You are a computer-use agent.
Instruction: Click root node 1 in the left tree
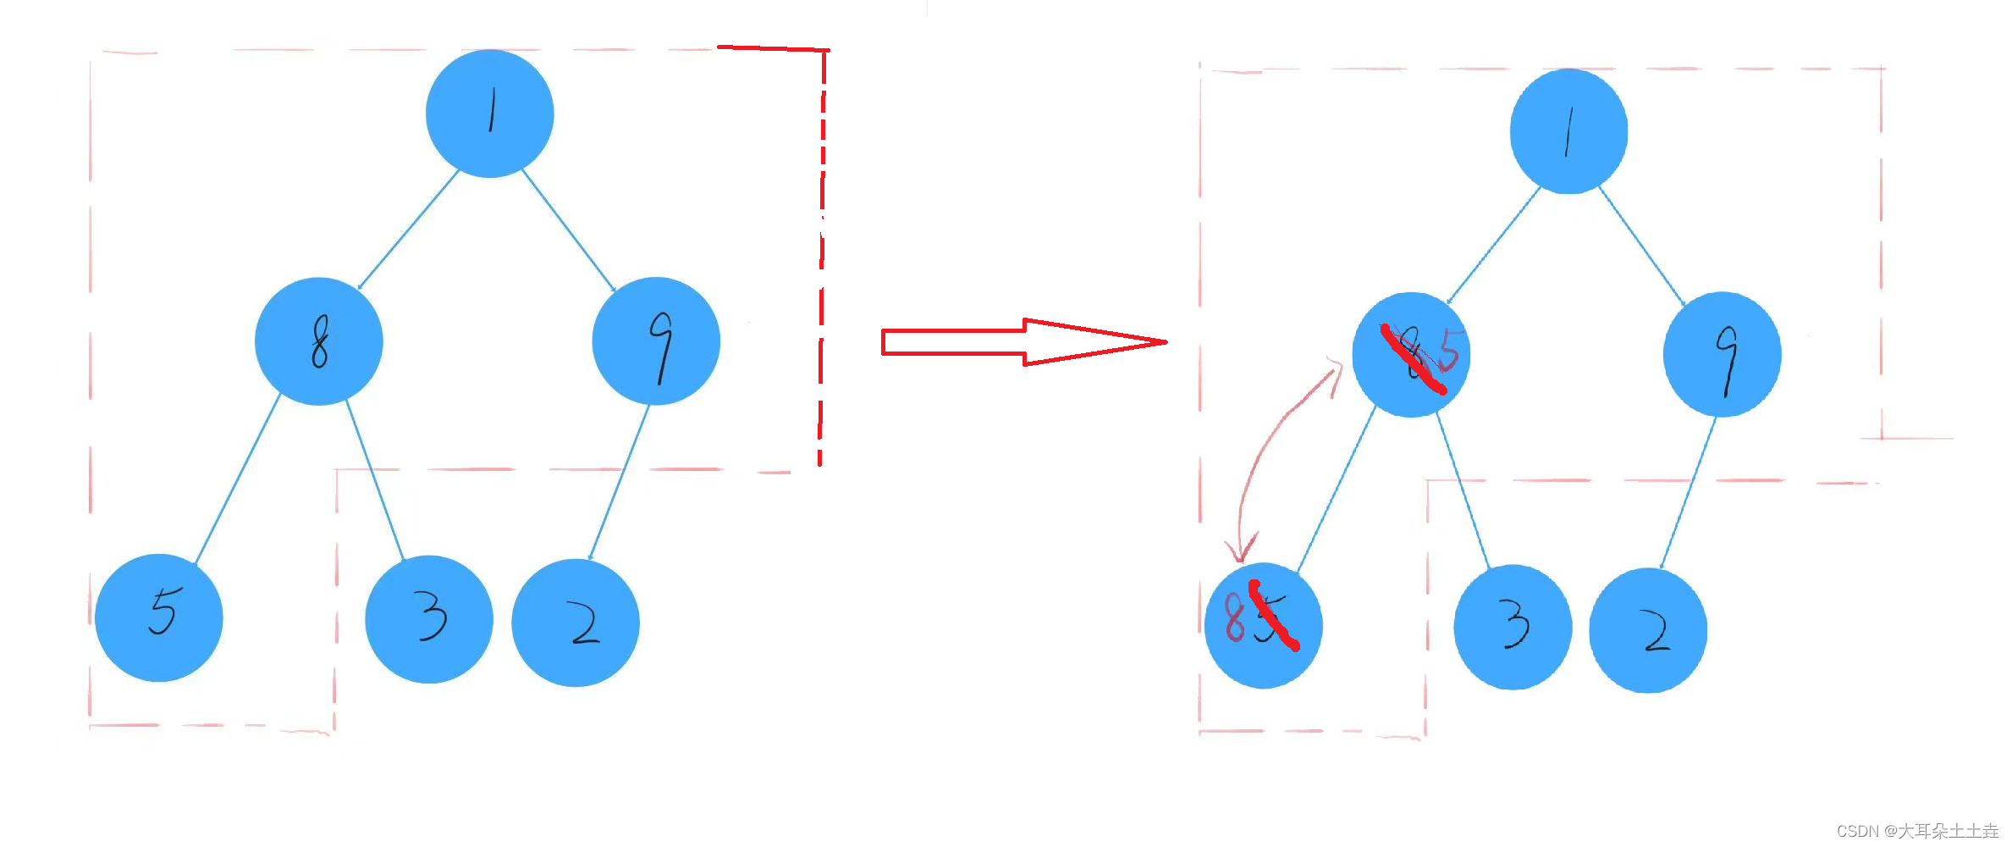[x=489, y=113]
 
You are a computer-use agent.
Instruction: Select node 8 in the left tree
[x=319, y=341]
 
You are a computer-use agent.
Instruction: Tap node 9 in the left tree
[x=656, y=341]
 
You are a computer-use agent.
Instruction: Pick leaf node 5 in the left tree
[x=159, y=617]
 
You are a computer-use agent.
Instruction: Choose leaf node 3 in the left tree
[x=429, y=619]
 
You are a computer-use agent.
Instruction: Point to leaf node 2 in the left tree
[x=576, y=623]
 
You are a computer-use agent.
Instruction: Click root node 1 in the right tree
[x=1568, y=131]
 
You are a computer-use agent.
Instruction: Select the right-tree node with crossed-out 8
[x=1411, y=355]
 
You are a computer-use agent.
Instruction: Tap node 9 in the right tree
[x=1722, y=355]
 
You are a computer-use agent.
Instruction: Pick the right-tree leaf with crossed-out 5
[x=1263, y=626]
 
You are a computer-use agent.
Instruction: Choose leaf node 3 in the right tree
[x=1513, y=628]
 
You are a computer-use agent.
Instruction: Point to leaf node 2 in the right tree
[x=1648, y=631]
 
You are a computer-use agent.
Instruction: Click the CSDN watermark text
[x=1916, y=831]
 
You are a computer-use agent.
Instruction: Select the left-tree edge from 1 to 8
[x=408, y=230]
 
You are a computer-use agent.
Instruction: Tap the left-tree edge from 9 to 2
[x=619, y=482]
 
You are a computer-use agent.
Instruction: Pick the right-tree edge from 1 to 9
[x=1641, y=246]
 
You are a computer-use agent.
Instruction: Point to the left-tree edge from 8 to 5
[x=238, y=479]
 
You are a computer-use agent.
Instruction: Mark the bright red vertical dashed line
[x=821, y=254]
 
